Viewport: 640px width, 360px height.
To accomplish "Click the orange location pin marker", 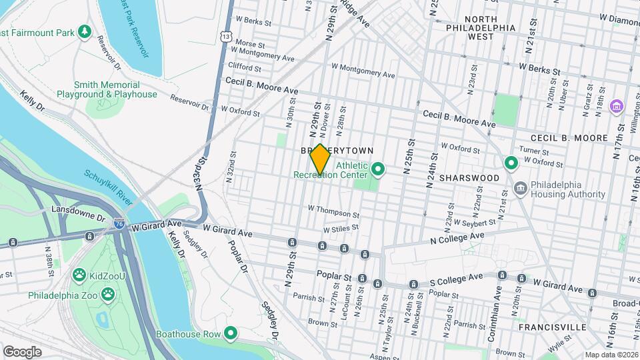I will pos(320,159).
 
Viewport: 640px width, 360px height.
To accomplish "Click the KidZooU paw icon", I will pos(79,274).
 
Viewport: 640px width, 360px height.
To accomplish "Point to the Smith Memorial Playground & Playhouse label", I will pos(115,90).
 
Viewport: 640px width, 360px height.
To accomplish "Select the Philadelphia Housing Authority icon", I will pos(520,189).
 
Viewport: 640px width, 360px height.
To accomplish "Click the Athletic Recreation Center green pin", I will pos(378,169).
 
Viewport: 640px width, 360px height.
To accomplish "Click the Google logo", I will pos(22,352).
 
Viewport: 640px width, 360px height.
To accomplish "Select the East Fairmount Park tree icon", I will pos(84,32).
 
